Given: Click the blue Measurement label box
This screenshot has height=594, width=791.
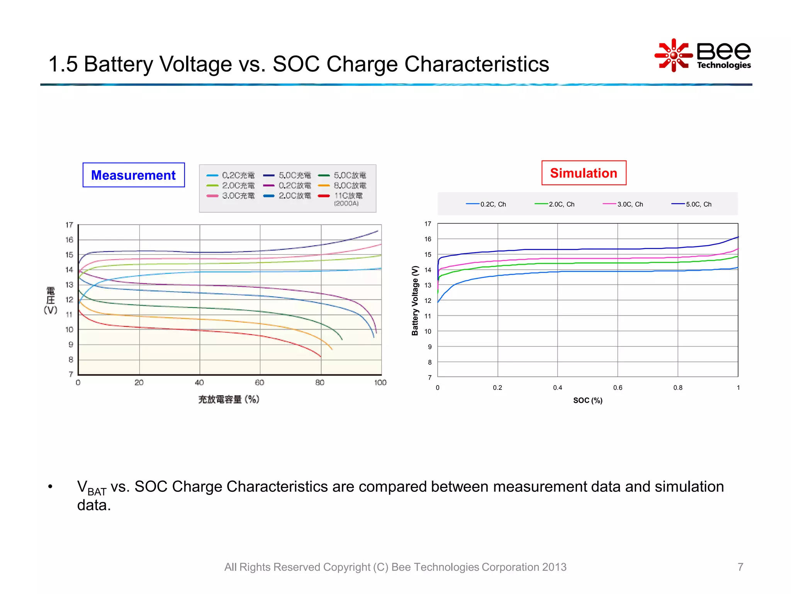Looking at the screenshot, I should (134, 175).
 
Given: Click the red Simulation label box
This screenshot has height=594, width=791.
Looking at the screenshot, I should (584, 173).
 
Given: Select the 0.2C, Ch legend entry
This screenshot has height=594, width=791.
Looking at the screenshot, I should (486, 204).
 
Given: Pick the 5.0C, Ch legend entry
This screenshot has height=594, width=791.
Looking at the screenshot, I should (692, 204).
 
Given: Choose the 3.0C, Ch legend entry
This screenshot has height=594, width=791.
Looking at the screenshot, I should (623, 204).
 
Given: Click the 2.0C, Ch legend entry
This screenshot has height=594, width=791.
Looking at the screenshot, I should (555, 204).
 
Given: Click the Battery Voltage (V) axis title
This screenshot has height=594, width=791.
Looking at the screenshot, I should (415, 300).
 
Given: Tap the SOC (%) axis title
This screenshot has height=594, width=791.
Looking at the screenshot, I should (587, 400).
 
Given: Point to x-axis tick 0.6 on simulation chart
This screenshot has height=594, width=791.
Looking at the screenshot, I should (618, 387).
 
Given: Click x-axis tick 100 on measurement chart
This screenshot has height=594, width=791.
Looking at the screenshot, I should (380, 382).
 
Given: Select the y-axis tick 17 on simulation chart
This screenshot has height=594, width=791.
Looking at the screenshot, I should (428, 224).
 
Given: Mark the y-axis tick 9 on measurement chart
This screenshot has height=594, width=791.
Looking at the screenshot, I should (71, 345).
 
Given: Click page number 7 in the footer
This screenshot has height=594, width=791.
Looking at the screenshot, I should (740, 567).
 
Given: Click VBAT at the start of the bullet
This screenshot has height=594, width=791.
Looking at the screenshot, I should (91, 488).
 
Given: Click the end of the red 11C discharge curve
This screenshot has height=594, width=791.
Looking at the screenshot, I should (321, 356).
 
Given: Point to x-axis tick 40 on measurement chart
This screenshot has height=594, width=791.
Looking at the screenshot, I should (199, 382).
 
